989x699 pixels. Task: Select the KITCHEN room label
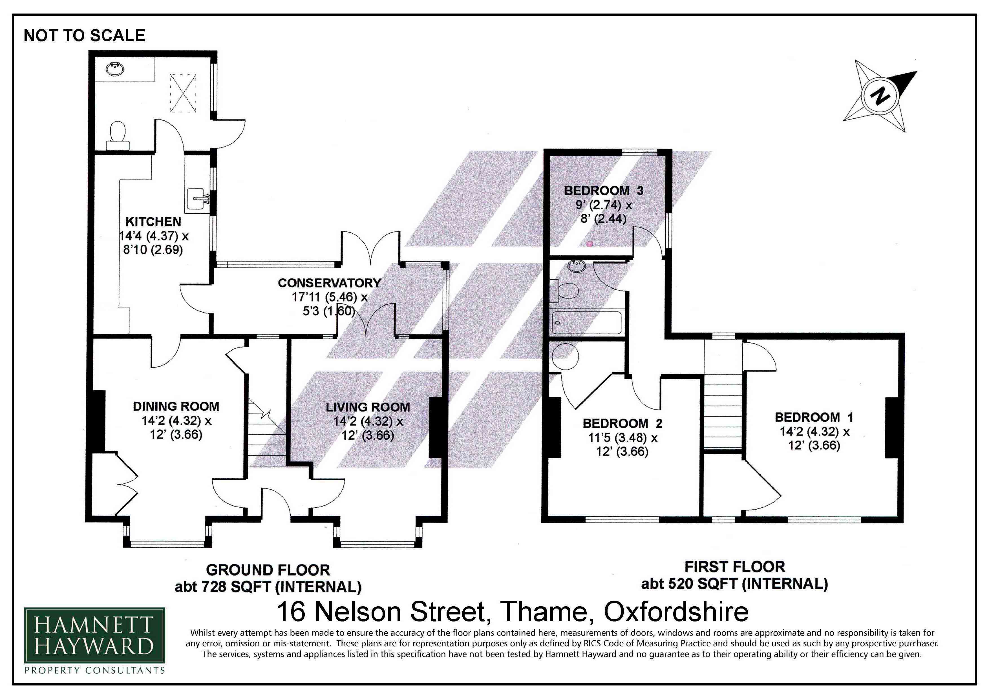(x=153, y=222)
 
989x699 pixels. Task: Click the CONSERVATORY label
(x=330, y=283)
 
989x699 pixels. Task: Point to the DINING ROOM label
(x=176, y=406)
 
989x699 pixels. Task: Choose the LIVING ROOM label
(x=368, y=407)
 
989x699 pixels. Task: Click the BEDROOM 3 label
(x=604, y=190)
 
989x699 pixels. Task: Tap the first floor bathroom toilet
(x=564, y=291)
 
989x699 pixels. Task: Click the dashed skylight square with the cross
(x=184, y=93)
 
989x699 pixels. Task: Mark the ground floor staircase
(x=267, y=435)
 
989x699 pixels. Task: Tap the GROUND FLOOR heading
(x=268, y=570)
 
